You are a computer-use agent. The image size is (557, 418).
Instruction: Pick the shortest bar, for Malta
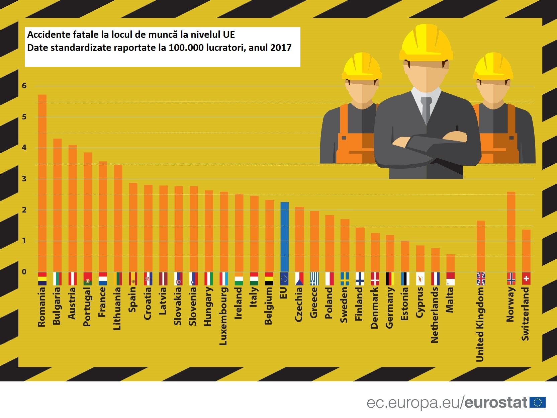[450, 263]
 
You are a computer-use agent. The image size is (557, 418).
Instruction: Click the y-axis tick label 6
[24, 86]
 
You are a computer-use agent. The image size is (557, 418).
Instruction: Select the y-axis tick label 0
[24, 272]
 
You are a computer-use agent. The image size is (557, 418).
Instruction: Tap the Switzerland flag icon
[526, 279]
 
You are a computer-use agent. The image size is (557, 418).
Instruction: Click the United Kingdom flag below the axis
[481, 279]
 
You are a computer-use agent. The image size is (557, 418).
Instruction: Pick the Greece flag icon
[314, 279]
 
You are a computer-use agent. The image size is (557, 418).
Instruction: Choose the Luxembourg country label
[223, 316]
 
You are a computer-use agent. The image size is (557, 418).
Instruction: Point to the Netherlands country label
[435, 315]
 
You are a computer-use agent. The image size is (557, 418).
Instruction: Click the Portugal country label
[87, 307]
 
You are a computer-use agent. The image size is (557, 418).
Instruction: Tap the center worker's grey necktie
[426, 109]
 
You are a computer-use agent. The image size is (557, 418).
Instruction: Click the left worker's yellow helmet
[362, 67]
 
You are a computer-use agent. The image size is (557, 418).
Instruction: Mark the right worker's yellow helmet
[493, 67]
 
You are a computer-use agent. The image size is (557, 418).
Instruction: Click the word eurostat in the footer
[496, 403]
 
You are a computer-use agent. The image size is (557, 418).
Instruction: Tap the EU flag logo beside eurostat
[538, 402]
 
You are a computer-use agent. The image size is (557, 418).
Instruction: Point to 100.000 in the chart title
[186, 48]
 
